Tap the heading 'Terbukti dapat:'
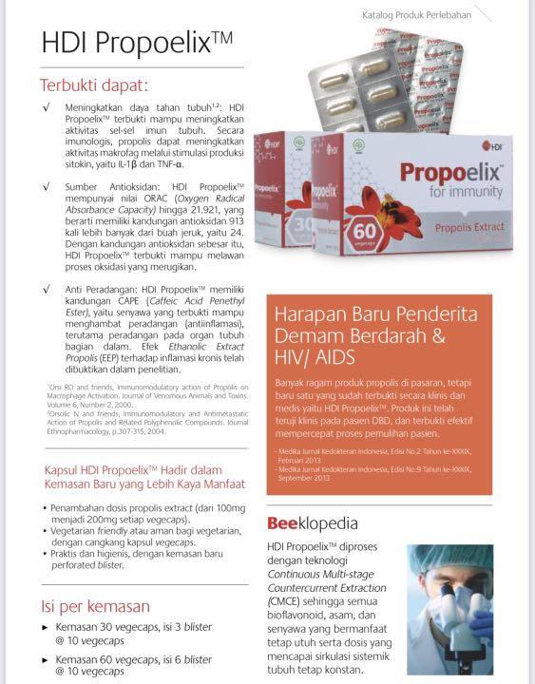pyautogui.click(x=94, y=84)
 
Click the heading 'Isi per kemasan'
pyautogui.click(x=95, y=605)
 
